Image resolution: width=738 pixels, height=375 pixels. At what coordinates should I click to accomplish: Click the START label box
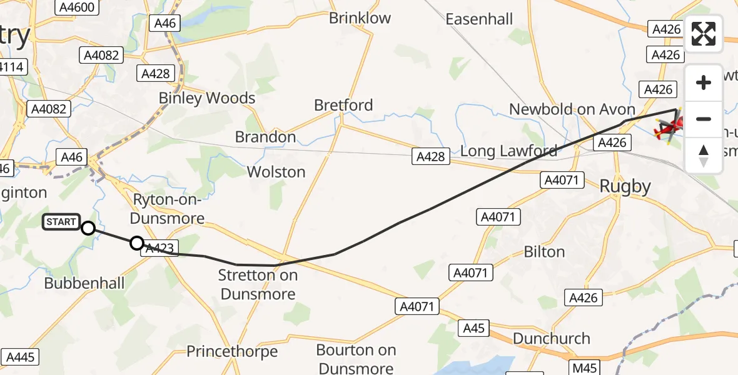coord(61,222)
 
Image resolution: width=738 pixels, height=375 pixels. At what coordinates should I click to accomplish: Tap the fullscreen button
coord(704,34)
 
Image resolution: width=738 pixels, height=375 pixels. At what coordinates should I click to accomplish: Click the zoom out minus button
coord(704,119)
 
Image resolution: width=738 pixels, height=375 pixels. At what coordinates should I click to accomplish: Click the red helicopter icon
coord(666,129)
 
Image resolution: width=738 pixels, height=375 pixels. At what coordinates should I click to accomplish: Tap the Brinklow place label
coord(360,18)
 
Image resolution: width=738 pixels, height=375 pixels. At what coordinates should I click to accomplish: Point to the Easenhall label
coord(478,19)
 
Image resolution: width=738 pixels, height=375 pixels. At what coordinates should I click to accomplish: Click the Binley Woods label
coord(207,98)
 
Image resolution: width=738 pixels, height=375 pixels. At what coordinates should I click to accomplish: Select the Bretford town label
coord(343,105)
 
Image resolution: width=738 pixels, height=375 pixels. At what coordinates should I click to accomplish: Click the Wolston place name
coord(276,172)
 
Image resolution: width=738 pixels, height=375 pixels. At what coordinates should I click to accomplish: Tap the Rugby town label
coord(625,186)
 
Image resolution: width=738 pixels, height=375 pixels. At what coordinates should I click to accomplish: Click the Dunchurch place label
coord(551,338)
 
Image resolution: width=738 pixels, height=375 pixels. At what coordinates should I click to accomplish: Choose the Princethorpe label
coord(232,351)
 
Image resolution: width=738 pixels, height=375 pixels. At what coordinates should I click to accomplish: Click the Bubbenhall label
coord(84,283)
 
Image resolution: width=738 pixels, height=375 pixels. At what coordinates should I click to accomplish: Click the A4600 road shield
coord(75,7)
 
